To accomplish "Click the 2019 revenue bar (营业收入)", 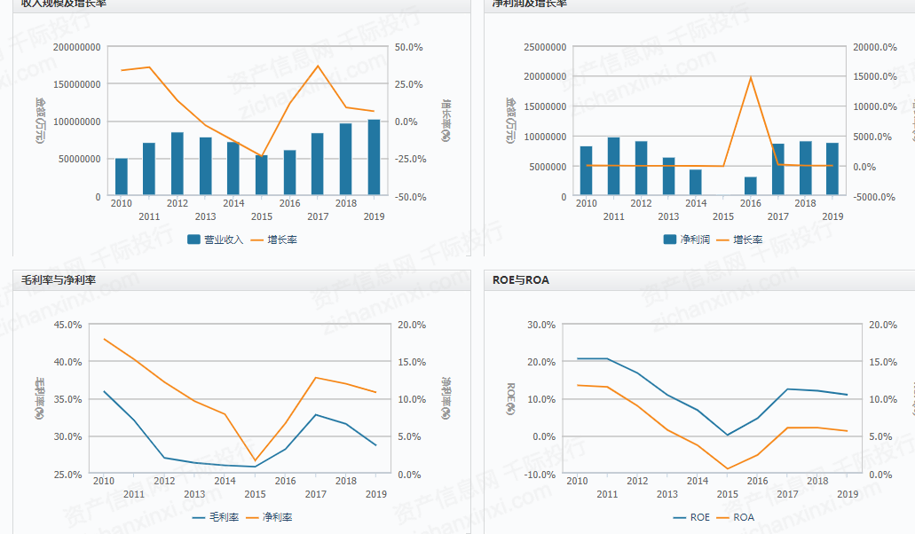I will [x=374, y=157].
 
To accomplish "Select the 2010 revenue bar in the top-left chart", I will [x=121, y=177].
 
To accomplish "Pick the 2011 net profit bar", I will [x=613, y=166].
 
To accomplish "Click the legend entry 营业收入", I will [x=216, y=240].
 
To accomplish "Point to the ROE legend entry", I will [x=691, y=517].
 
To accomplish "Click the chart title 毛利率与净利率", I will [x=59, y=280].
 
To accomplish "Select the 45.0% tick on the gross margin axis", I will [x=67, y=325].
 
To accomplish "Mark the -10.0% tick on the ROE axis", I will [x=538, y=475].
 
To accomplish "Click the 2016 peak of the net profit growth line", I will [x=750, y=77].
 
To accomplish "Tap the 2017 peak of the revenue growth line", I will [x=318, y=66].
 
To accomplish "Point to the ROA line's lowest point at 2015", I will [x=727, y=468].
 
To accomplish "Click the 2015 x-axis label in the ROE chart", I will [x=727, y=494].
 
